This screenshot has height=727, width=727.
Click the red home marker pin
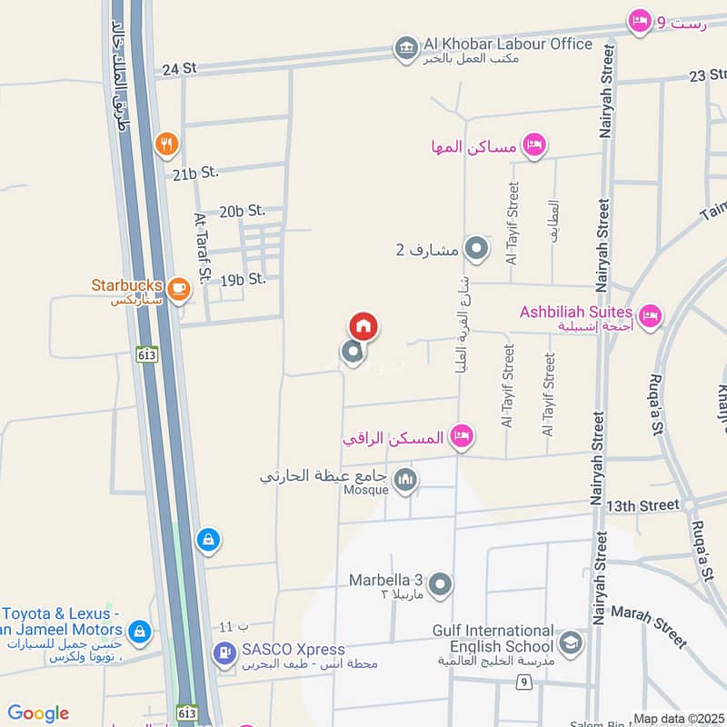pos(363,326)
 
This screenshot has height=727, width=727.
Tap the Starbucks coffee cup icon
pos(178,289)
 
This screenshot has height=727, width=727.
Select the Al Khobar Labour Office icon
pos(406,46)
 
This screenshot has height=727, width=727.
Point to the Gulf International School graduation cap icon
pos(571,643)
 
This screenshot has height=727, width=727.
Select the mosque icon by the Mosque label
pos(405,480)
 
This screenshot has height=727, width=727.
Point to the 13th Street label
pos(642,504)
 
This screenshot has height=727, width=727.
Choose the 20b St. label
pos(242,211)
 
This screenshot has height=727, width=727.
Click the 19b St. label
pos(243,279)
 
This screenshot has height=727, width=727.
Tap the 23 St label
pos(707,75)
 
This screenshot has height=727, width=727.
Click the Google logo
pos(38,713)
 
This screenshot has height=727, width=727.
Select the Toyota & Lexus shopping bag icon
pos(139,630)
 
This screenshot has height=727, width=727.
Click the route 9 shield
pos(524,680)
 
